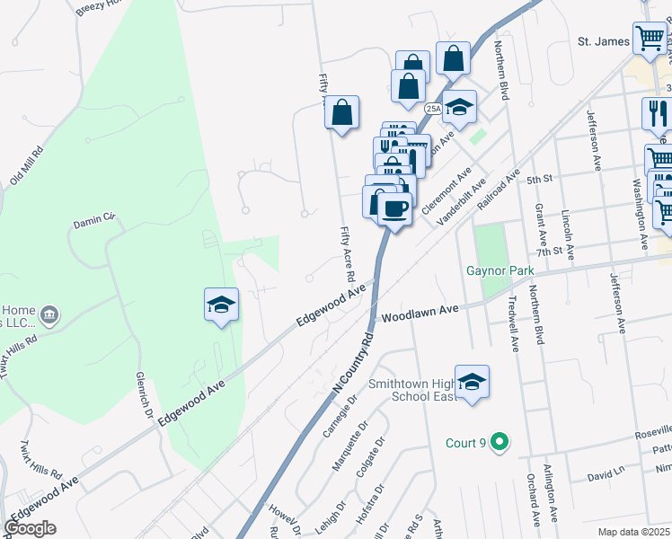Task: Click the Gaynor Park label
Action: [500, 270]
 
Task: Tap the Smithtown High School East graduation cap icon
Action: [472, 382]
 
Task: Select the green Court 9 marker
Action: [501, 442]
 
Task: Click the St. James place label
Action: [600, 41]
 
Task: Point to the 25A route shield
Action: [434, 109]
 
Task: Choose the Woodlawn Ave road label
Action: [420, 313]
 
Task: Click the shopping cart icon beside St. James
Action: [649, 39]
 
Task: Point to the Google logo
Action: [30, 528]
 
